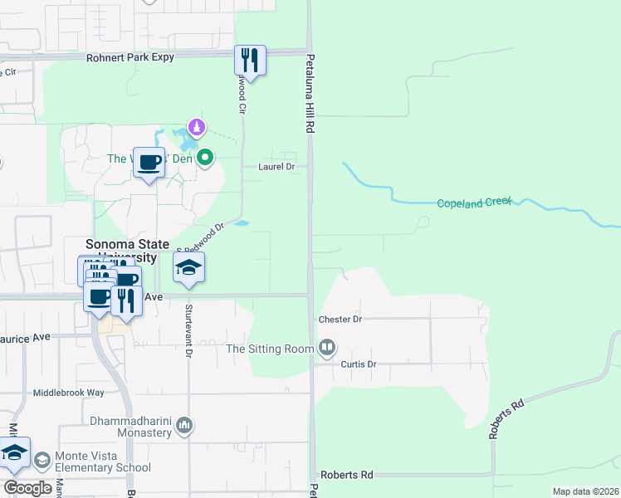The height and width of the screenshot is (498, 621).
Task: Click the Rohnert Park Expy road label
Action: tap(133, 58)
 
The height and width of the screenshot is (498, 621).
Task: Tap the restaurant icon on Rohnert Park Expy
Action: tap(250, 60)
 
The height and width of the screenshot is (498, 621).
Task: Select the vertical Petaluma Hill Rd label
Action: tap(310, 94)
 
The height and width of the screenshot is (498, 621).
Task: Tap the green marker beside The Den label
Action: tap(205, 156)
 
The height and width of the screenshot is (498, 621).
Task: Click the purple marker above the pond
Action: tap(196, 127)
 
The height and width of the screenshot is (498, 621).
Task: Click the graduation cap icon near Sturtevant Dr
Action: tap(188, 267)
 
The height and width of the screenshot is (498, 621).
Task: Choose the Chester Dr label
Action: tap(340, 320)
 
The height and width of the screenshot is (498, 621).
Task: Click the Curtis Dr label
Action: tap(359, 364)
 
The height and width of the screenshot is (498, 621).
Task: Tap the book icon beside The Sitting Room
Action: tap(327, 347)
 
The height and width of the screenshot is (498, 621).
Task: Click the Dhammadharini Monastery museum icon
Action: tap(184, 426)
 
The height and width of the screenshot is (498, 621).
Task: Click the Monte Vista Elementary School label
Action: tap(103, 462)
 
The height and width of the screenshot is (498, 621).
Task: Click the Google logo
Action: tap(28, 487)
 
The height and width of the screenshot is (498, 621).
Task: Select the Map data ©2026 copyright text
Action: tap(584, 491)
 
